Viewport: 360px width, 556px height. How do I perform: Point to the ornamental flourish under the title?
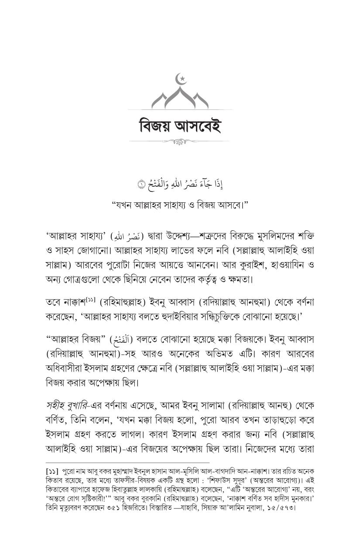click(180, 142)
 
